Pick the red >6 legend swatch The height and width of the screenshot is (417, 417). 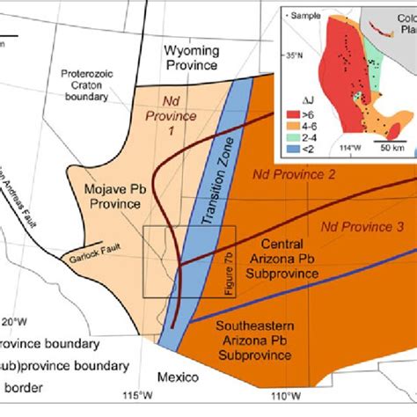pyautogui.click(x=315, y=110)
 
